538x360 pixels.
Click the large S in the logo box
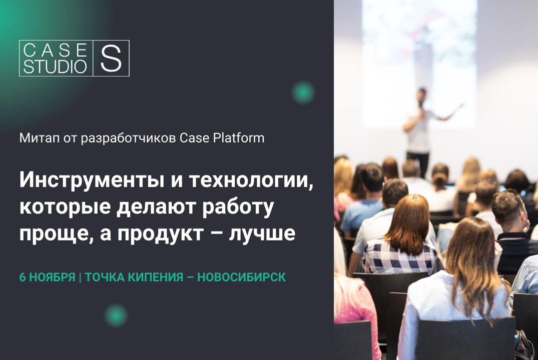click(111, 58)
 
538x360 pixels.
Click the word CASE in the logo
click(55, 50)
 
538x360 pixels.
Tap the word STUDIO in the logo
click(55, 66)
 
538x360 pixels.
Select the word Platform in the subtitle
click(238, 138)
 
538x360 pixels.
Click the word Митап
click(36, 138)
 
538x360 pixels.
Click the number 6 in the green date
click(23, 277)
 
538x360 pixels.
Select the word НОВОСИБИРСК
click(242, 277)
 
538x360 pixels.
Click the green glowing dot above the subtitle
click(303, 92)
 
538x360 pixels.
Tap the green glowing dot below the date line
click(116, 315)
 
